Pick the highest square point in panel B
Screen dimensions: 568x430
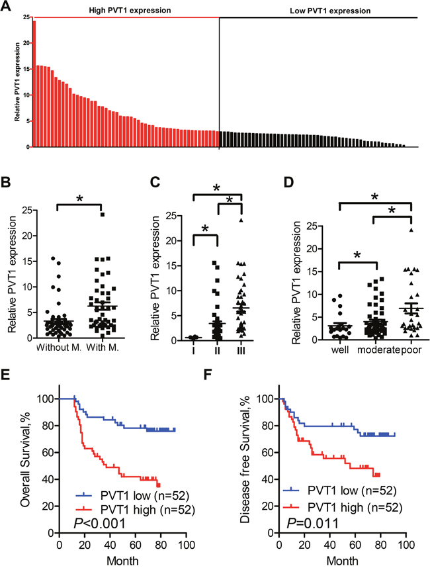(103, 214)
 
